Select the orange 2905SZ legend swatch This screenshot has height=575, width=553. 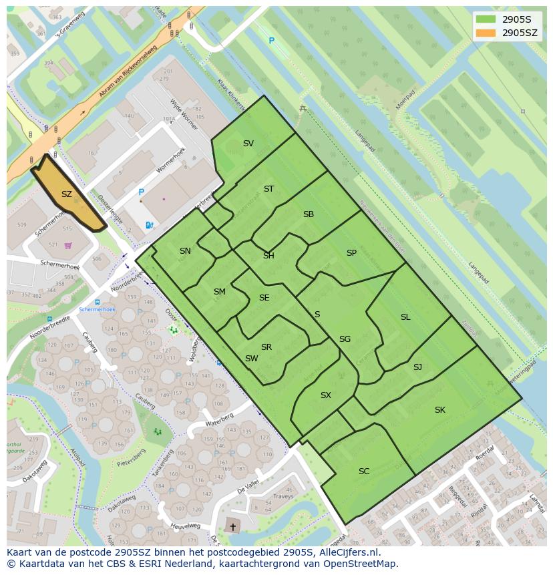pyautogui.click(x=486, y=32)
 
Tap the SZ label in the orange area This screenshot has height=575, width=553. pyautogui.click(x=66, y=194)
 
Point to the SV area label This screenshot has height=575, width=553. pyautogui.click(x=248, y=144)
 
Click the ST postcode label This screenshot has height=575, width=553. pyautogui.click(x=268, y=189)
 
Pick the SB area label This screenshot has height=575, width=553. pyautogui.click(x=308, y=214)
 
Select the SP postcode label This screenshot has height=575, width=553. pyautogui.click(x=351, y=252)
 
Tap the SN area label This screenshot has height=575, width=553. pyautogui.click(x=185, y=251)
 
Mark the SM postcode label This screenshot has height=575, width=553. pyautogui.click(x=219, y=292)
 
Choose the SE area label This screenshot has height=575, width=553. pyautogui.click(x=264, y=298)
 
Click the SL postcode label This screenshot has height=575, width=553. pyautogui.click(x=405, y=317)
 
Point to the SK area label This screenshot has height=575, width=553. pyautogui.click(x=439, y=410)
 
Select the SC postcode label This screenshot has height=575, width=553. pyautogui.click(x=363, y=471)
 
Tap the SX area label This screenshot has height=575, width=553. pyautogui.click(x=325, y=395)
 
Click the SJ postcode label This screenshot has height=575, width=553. pyautogui.click(x=417, y=367)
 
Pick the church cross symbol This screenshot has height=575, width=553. pyautogui.click(x=232, y=527)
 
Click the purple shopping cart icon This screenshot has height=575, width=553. pyautogui.click(x=67, y=245)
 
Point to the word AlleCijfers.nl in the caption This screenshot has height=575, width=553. pyautogui.click(x=348, y=552)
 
